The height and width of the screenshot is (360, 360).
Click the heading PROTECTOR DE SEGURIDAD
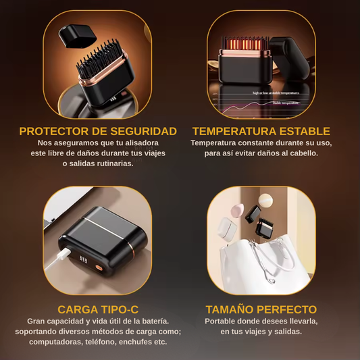coord(98,131)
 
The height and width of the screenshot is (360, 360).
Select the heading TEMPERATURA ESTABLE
coord(261,131)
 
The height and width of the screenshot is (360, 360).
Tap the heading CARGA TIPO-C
coord(98,309)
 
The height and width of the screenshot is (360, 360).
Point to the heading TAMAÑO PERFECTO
coord(261,309)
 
